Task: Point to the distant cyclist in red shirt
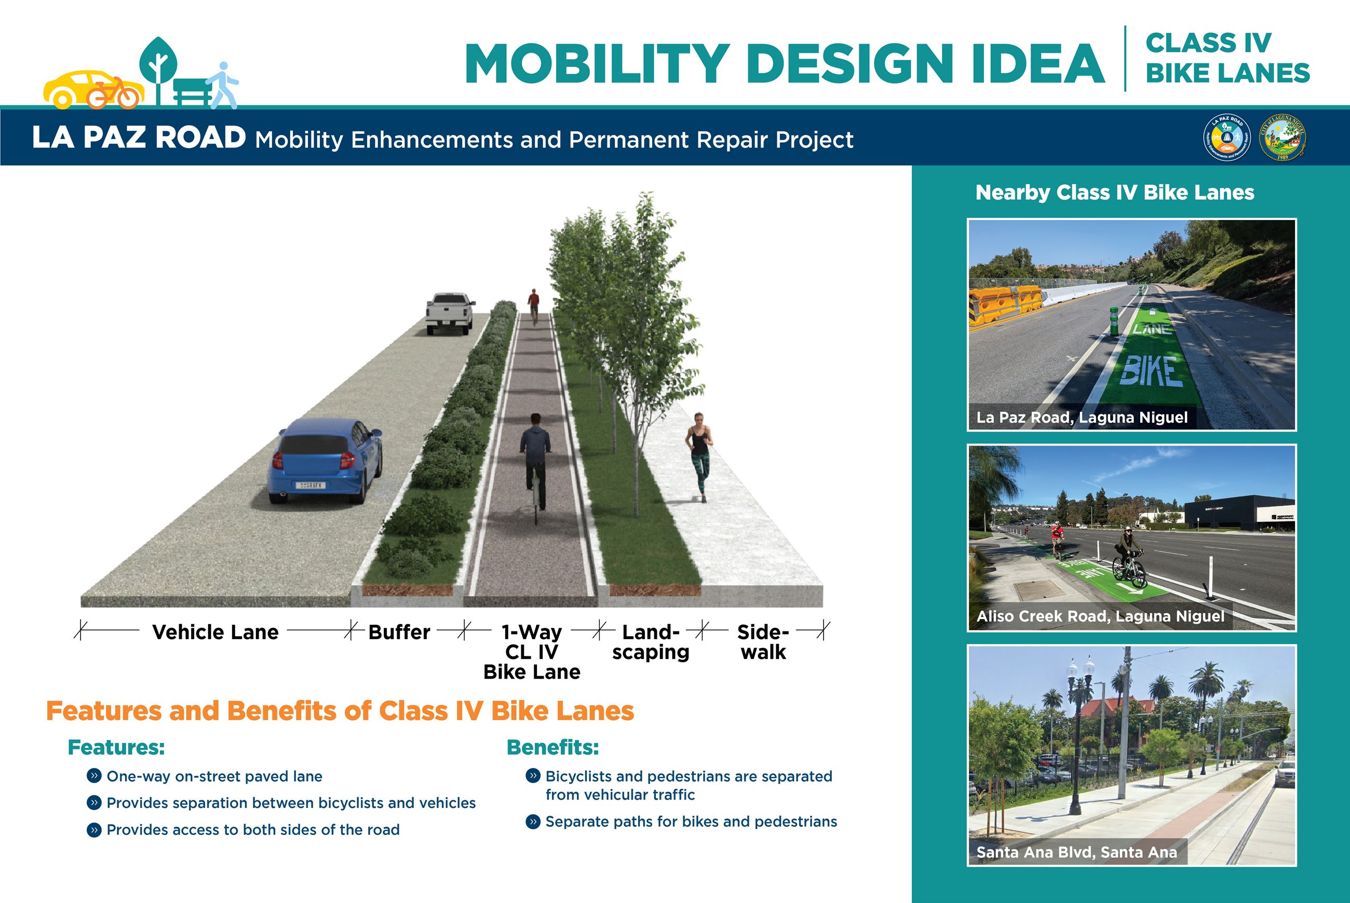534,305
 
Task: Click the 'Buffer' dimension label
399,632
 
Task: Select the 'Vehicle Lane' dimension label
215,632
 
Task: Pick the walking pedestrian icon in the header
224,85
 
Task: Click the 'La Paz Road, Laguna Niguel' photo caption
1082,417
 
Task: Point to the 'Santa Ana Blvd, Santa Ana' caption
1076,852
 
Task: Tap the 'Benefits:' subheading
552,748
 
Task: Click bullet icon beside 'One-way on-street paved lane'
94,776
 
